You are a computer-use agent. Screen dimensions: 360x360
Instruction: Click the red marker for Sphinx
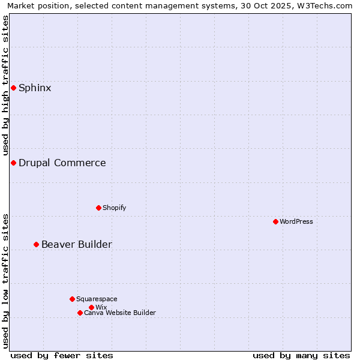pyautogui.click(x=13, y=88)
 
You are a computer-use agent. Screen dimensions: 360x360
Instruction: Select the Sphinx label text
pyautogui.click(x=35, y=88)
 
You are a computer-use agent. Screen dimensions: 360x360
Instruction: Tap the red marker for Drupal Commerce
pyautogui.click(x=13, y=163)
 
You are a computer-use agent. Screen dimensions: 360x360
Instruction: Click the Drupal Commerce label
pyautogui.click(x=62, y=163)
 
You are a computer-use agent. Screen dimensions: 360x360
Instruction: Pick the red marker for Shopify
pyautogui.click(x=98, y=208)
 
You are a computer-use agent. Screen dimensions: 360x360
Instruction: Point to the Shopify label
pyautogui.click(x=114, y=208)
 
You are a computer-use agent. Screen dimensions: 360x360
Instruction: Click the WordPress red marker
pyautogui.click(x=275, y=222)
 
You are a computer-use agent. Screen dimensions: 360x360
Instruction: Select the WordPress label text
pyautogui.click(x=296, y=222)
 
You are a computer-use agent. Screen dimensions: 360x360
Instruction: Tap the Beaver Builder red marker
pyautogui.click(x=36, y=245)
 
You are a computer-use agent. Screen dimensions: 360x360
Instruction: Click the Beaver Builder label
pyautogui.click(x=76, y=245)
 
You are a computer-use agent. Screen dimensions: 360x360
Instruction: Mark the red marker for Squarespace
pyautogui.click(x=72, y=299)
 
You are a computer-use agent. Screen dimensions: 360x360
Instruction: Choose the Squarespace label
pyautogui.click(x=97, y=299)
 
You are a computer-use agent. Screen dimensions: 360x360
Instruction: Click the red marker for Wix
pyautogui.click(x=91, y=307)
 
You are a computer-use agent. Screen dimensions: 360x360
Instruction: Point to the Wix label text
pyautogui.click(x=101, y=308)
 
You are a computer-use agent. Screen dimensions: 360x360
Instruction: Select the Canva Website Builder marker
pyautogui.click(x=80, y=313)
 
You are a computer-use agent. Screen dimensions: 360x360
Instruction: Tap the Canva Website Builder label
pyautogui.click(x=119, y=313)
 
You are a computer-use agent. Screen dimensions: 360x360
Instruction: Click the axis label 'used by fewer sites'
pyautogui.click(x=62, y=355)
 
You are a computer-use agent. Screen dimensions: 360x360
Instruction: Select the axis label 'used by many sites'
pyautogui.click(x=301, y=355)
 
